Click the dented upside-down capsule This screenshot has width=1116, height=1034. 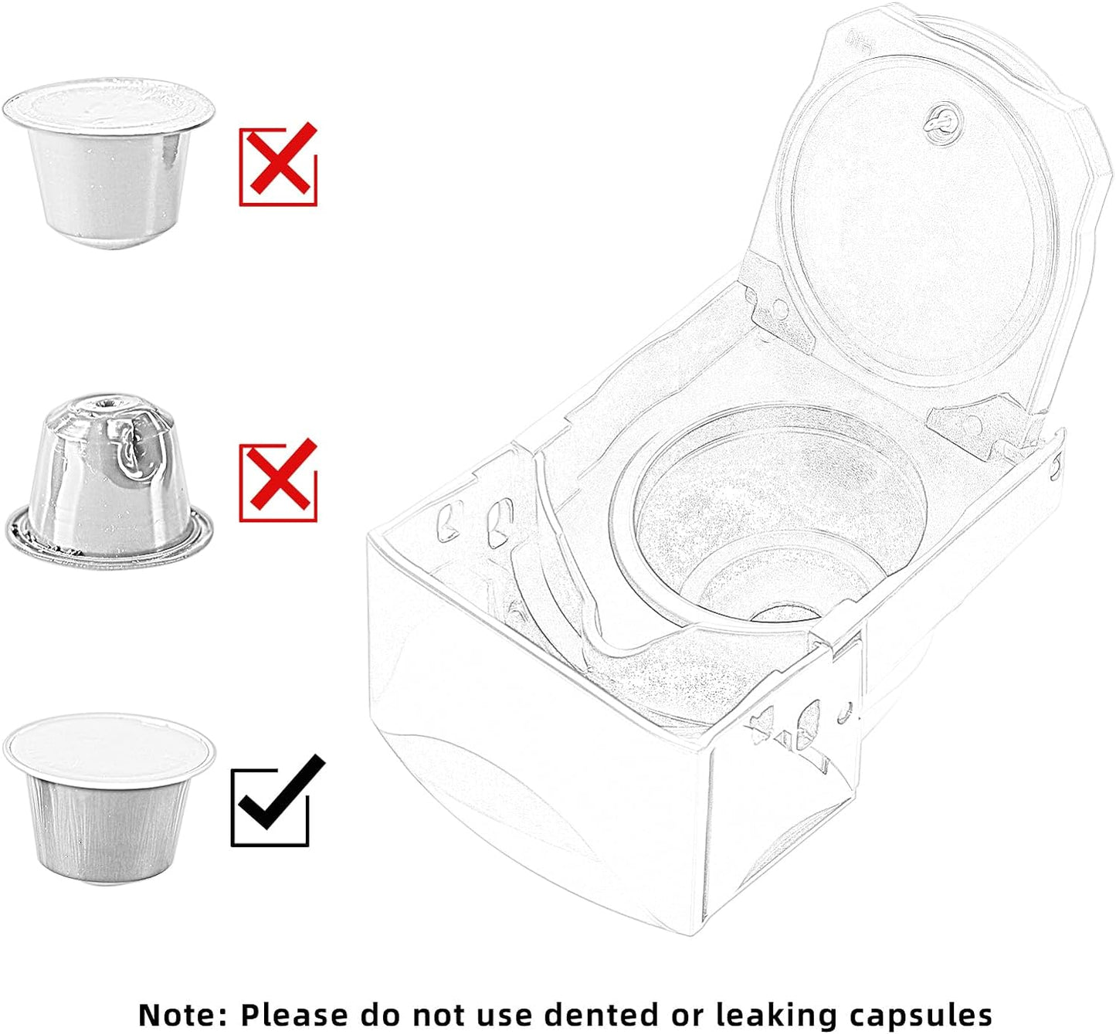(x=109, y=481)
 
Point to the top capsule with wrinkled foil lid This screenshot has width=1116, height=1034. (x=109, y=164)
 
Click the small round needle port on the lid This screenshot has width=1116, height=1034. (x=944, y=124)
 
